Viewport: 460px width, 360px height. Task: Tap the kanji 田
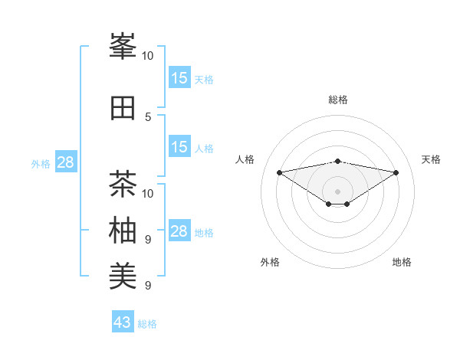point(123,107)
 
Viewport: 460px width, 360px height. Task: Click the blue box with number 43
point(123,322)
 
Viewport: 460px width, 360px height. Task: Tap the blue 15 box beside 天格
point(179,78)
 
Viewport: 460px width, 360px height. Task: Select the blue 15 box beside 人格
point(179,147)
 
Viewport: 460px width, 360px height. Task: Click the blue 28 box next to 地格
point(179,231)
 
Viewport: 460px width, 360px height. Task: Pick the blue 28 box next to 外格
point(65,162)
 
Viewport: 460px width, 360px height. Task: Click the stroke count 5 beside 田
point(148,116)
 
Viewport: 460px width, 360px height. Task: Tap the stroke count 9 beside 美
point(148,286)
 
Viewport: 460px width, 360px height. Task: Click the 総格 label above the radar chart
point(337,100)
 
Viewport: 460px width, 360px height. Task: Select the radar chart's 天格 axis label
point(432,159)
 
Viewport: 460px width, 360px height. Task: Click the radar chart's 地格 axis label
point(402,262)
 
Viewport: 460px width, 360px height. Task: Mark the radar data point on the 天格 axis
point(396,172)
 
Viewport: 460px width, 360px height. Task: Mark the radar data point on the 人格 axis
point(279,172)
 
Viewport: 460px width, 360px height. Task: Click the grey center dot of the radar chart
point(337,191)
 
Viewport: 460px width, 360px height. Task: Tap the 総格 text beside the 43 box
point(147,324)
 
